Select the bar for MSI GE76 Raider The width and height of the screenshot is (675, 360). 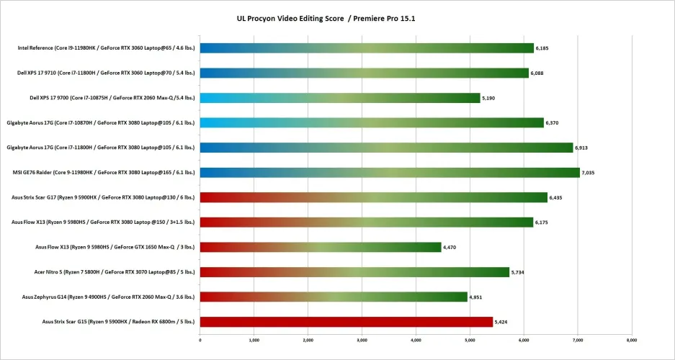click(390, 173)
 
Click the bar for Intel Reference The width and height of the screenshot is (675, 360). click(367, 48)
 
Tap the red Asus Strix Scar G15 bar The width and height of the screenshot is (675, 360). click(347, 322)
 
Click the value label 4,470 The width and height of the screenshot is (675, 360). click(451, 247)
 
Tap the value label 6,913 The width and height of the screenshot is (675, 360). click(583, 148)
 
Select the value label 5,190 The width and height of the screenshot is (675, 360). click(490, 98)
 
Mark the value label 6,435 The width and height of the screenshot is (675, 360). click(557, 197)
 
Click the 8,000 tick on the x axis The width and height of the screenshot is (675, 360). click(630, 339)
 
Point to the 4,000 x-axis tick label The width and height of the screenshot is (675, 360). click(416, 339)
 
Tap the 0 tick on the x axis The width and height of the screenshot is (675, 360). click(200, 339)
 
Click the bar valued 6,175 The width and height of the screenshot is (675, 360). click(367, 222)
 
